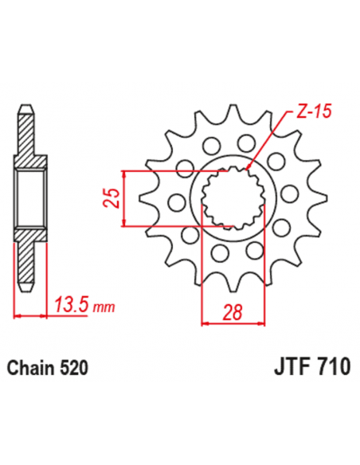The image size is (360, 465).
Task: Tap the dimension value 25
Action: (x=114, y=196)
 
